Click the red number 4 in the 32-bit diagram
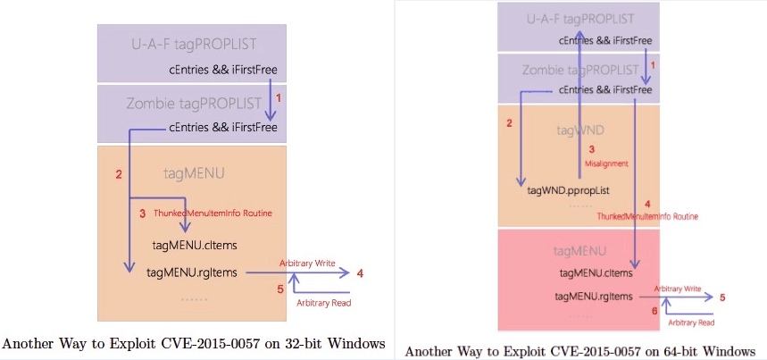click(x=360, y=273)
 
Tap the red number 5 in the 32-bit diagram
click(x=279, y=289)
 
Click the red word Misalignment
click(x=606, y=163)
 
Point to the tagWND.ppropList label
click(x=569, y=189)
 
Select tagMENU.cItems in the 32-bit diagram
click(x=195, y=245)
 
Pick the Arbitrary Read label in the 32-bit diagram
click(x=323, y=303)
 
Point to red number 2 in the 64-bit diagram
click(x=509, y=122)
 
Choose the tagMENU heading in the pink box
click(x=581, y=252)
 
